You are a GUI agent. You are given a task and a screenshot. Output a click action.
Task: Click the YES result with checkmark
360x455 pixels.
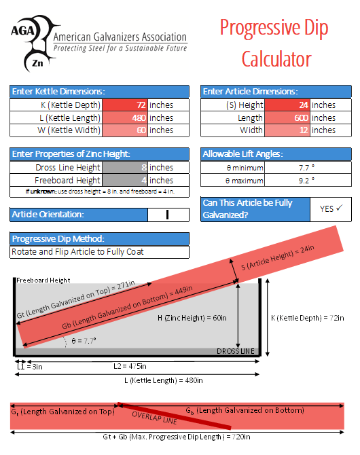click(x=330, y=209)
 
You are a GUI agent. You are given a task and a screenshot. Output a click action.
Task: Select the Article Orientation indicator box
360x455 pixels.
click(x=167, y=215)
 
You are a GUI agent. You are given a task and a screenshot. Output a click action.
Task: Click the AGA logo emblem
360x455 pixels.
click(x=31, y=42)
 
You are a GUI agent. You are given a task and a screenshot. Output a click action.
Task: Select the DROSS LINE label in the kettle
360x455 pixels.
click(x=236, y=351)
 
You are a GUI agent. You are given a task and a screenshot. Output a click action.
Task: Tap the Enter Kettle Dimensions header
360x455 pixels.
click(x=58, y=92)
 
